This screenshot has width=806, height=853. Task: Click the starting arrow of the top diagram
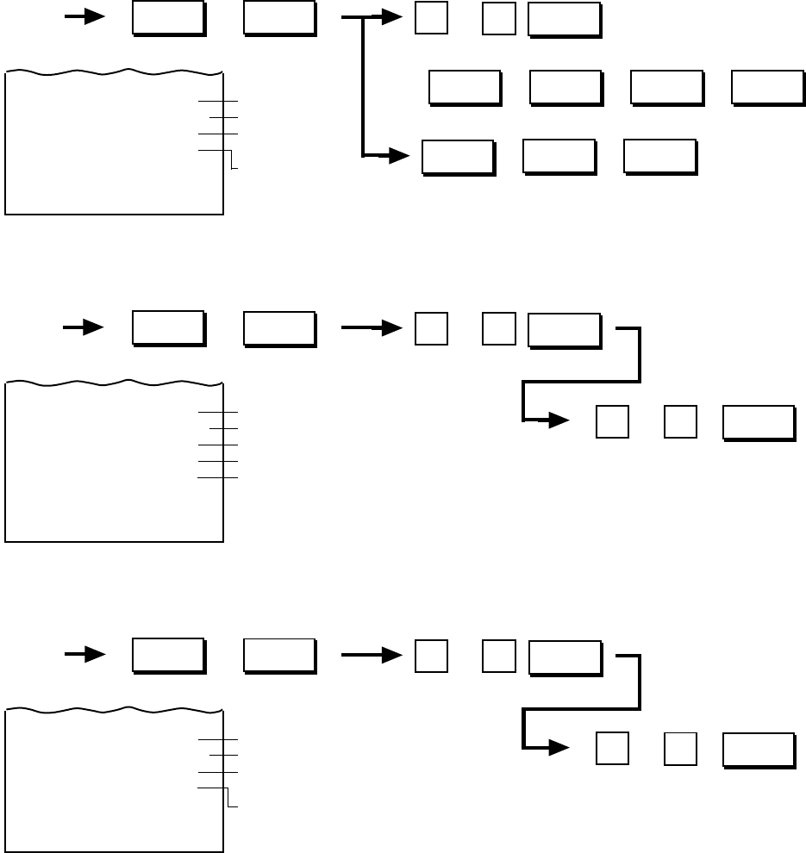pyautogui.click(x=84, y=17)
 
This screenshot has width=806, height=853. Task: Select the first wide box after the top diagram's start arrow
pyautogui.click(x=168, y=19)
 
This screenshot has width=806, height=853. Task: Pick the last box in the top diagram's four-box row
pyautogui.click(x=767, y=88)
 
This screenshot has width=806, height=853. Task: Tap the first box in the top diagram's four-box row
pyautogui.click(x=465, y=88)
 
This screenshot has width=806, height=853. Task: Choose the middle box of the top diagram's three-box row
pyautogui.click(x=559, y=157)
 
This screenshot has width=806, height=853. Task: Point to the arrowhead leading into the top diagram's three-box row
pyautogui.click(x=397, y=157)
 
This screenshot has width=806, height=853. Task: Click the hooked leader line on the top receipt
pyautogui.click(x=231, y=159)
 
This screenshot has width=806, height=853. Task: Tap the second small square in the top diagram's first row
pyautogui.click(x=499, y=19)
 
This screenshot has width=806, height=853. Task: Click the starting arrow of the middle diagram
pyautogui.click(x=84, y=327)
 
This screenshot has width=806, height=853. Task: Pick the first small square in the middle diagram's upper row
pyautogui.click(x=431, y=328)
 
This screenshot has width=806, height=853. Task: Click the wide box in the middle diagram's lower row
pyautogui.click(x=759, y=423)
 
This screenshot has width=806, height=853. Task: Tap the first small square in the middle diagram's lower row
pyautogui.click(x=612, y=422)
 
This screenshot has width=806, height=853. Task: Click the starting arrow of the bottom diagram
pyautogui.click(x=84, y=655)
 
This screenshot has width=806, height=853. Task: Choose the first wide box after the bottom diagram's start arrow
pyautogui.click(x=168, y=656)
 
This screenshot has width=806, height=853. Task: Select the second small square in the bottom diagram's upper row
pyautogui.click(x=499, y=657)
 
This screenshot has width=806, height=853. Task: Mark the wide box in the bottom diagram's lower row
pyautogui.click(x=759, y=750)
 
